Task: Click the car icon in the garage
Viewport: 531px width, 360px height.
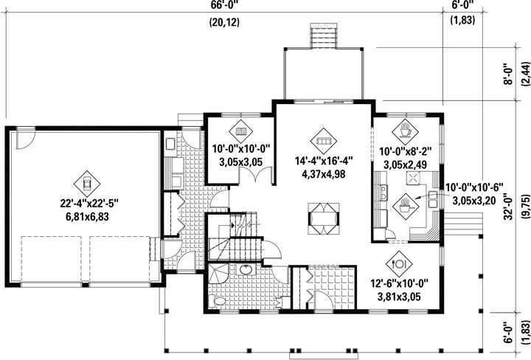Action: pyautogui.click(x=87, y=184)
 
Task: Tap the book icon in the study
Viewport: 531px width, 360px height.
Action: pyautogui.click(x=240, y=131)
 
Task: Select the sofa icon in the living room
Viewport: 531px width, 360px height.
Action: pyautogui.click(x=324, y=141)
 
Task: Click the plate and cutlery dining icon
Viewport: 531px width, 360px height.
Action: pyautogui.click(x=399, y=263)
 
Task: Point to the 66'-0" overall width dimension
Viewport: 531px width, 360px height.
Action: pyautogui.click(x=224, y=4)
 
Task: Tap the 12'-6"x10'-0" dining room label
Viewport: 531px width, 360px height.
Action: pyautogui.click(x=399, y=283)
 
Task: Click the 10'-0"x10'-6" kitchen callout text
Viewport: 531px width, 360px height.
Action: pyautogui.click(x=474, y=187)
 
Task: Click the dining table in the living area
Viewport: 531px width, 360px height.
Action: pyautogui.click(x=324, y=218)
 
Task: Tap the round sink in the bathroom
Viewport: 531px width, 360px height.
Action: pyautogui.click(x=245, y=270)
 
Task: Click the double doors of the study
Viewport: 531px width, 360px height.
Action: pyautogui.click(x=256, y=176)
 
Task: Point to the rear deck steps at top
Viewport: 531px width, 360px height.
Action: pyautogui.click(x=324, y=35)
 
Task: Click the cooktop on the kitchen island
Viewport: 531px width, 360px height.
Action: pyautogui.click(x=413, y=178)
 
